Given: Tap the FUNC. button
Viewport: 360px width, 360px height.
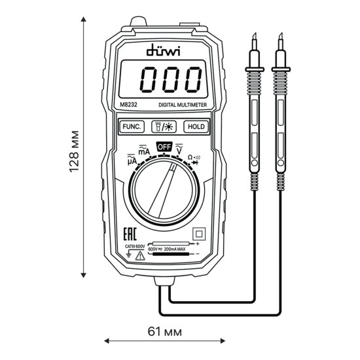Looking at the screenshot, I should [131, 127].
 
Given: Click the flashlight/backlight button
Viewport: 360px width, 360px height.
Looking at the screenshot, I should [162, 127].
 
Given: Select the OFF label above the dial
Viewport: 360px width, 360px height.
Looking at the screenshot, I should [163, 147].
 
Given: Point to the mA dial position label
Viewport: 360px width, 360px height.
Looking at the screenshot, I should [143, 152].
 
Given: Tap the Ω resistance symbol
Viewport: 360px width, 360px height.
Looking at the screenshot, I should [190, 158].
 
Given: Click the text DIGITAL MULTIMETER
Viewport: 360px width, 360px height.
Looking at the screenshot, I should [183, 105].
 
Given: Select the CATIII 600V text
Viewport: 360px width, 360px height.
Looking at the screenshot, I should [135, 247].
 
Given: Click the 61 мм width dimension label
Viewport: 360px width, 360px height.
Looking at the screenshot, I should [162, 332].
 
